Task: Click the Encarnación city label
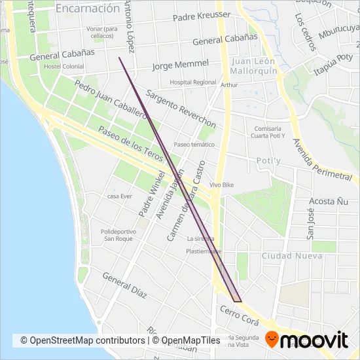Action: pos(88,9)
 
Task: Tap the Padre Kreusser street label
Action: pos(202,16)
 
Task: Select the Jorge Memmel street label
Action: pos(180,65)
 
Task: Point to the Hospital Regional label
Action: pos(192,82)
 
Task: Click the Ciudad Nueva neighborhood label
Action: pos(292,255)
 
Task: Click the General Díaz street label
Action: pos(124,285)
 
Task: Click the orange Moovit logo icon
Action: pos(278,340)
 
